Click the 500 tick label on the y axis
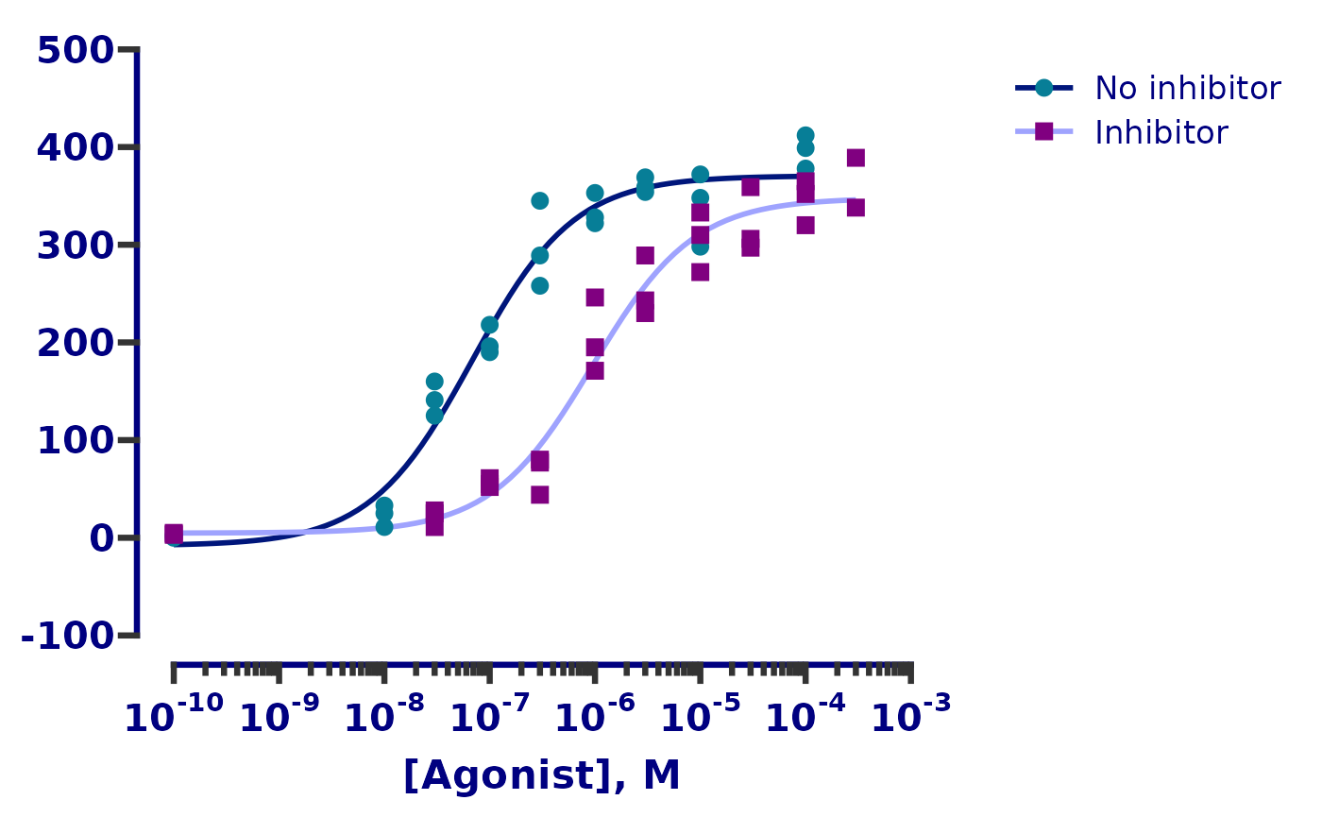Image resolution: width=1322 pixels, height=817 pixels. pyautogui.click(x=76, y=50)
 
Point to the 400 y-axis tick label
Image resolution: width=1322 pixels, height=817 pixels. pyautogui.click(x=76, y=147)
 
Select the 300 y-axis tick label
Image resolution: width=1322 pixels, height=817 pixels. pyautogui.click(x=76, y=246)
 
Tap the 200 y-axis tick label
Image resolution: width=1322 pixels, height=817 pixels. pyautogui.click(x=76, y=343)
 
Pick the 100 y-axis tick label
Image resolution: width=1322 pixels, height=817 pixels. pyautogui.click(x=76, y=440)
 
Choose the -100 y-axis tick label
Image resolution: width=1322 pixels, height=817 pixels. pyautogui.click(x=67, y=636)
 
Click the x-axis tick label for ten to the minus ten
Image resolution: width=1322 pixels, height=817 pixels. pyautogui.click(x=174, y=717)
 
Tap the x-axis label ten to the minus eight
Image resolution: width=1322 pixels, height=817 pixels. pyautogui.click(x=384, y=717)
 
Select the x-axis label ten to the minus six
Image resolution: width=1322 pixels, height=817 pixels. pyautogui.click(x=595, y=717)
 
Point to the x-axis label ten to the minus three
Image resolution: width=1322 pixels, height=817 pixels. pyautogui.click(x=910, y=717)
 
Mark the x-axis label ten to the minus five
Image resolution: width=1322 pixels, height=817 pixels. pyautogui.click(x=700, y=717)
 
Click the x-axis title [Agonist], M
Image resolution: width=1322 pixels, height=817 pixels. pyautogui.click(x=541, y=775)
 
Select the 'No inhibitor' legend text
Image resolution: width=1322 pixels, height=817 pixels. pyautogui.click(x=1187, y=88)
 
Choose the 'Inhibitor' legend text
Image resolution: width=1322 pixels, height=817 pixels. pyautogui.click(x=1161, y=132)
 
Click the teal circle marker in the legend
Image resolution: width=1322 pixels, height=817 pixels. pyautogui.click(x=1043, y=88)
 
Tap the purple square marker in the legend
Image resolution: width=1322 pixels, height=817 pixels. pyautogui.click(x=1043, y=132)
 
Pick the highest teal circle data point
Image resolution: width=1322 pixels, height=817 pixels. pyautogui.click(x=805, y=136)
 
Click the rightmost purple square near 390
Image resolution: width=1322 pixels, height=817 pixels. pyautogui.click(x=856, y=158)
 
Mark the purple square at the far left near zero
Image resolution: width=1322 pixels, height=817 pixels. pyautogui.click(x=174, y=535)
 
